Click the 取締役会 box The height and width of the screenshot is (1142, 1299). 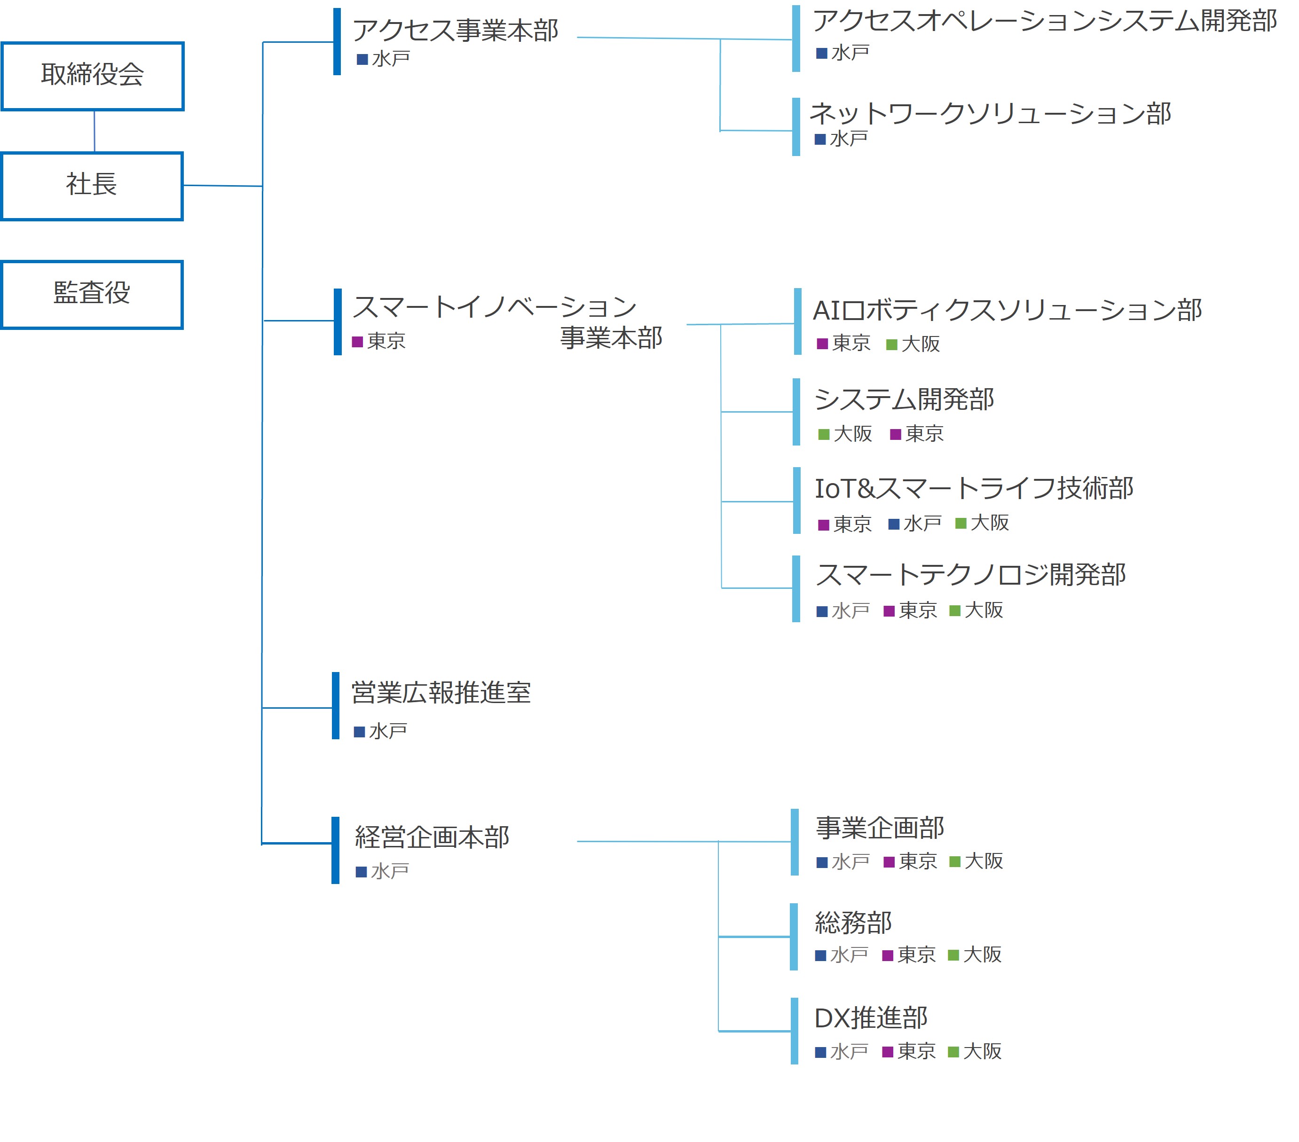tap(93, 76)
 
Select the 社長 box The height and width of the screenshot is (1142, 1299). tap(92, 186)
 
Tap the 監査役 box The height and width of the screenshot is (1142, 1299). tap(92, 294)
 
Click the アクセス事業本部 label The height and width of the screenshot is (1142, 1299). tap(455, 31)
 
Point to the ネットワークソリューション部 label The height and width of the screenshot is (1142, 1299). tap(990, 114)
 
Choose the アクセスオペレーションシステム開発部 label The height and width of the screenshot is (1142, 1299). tap(1045, 21)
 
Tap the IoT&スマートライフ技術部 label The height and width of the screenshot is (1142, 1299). tap(974, 488)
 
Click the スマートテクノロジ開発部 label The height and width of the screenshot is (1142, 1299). tap(970, 575)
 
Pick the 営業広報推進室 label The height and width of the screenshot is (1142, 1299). tap(441, 692)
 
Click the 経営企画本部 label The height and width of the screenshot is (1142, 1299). tap(432, 837)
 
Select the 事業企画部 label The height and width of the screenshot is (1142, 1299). tap(880, 828)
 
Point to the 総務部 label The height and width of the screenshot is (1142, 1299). tap(853, 922)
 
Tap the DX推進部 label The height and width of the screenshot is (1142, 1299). tap(871, 1017)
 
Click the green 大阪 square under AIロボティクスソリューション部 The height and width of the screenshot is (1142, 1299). tap(892, 344)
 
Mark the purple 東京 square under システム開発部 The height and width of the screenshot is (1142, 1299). tap(896, 434)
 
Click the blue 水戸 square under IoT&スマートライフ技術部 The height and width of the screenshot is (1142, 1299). tap(894, 524)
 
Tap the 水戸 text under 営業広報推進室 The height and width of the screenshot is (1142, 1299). tap(388, 731)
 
